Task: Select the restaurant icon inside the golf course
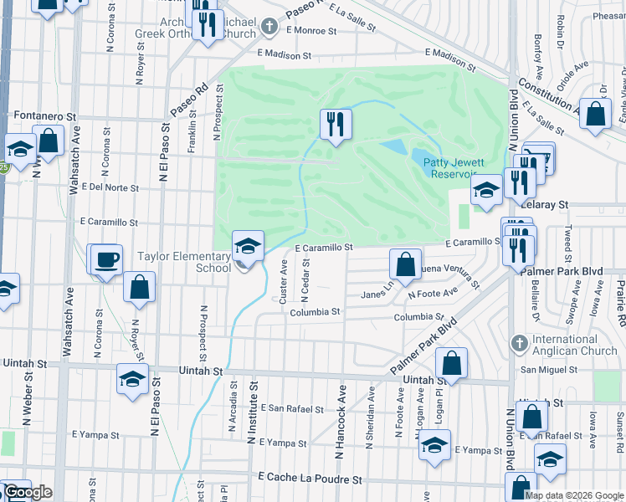coord(336,125)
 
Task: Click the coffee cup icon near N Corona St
coord(106,259)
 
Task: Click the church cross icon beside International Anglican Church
coord(519,344)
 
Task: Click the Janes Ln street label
coord(377,294)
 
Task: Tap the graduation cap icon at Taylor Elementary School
coord(248,246)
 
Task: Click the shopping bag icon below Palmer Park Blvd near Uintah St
coord(451,363)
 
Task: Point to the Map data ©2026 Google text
coord(575,495)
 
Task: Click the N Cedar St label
coord(306,279)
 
